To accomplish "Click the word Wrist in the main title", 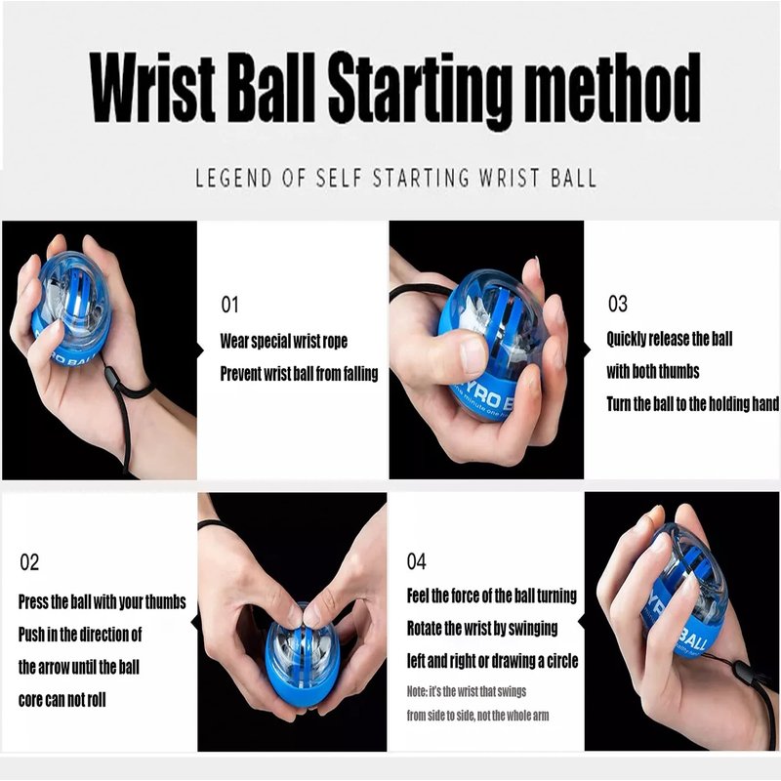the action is point(152,88).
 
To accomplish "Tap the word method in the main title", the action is point(613,88).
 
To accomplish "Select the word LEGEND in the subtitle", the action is point(234,178).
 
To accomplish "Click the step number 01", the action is point(229,305).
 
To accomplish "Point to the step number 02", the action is point(29,562).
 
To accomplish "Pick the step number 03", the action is point(618,304).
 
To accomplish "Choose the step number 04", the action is point(417,561).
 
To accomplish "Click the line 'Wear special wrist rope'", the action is point(284,341).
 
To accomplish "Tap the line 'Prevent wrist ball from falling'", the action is point(300,374).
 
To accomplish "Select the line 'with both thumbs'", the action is point(653,372).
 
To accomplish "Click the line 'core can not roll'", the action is point(62,700).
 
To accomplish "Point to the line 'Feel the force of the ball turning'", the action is point(492,596).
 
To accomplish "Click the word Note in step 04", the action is point(417,691).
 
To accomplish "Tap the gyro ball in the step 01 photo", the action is point(70,309).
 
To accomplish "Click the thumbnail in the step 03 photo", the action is point(473,355).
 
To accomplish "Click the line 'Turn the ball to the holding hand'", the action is point(693,404).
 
